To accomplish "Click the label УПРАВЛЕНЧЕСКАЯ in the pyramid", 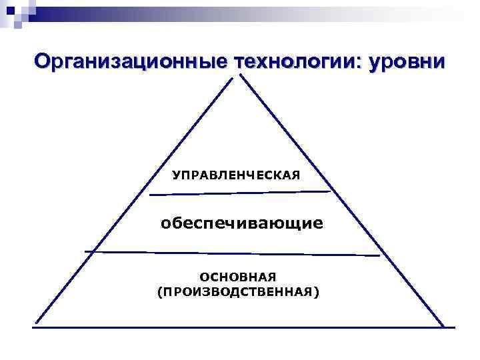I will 237,175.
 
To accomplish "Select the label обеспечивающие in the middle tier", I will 241,223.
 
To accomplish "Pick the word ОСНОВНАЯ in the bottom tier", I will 238,276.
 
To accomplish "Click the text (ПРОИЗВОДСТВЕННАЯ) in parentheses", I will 238,292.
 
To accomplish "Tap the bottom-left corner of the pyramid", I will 36,325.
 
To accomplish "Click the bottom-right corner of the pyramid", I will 443,327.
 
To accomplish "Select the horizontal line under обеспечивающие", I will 233,253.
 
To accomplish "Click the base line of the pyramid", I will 240,327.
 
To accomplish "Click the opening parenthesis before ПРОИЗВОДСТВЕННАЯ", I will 159,292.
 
